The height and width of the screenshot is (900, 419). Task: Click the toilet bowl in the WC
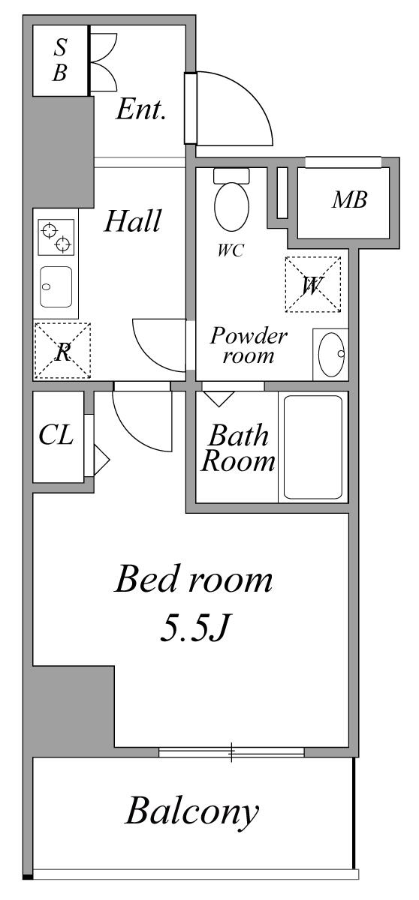231,206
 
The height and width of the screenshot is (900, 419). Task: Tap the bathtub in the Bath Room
313,447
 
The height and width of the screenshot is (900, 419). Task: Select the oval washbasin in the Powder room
331,354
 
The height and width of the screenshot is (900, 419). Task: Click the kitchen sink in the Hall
56,286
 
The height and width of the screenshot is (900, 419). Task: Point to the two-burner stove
56,237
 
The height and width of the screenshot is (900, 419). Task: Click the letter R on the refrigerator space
63,352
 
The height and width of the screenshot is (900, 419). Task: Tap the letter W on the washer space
312,285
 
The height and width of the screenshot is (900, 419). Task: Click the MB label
349,199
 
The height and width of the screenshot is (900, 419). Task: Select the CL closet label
56,434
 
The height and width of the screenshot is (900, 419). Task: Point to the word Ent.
141,109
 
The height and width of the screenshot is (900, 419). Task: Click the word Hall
133,221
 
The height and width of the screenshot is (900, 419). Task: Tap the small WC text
231,250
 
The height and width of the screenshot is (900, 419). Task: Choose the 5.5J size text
194,628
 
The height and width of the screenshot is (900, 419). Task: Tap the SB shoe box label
59,60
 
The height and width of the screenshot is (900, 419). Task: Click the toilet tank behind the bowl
231,176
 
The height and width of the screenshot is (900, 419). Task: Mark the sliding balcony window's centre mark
231,752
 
